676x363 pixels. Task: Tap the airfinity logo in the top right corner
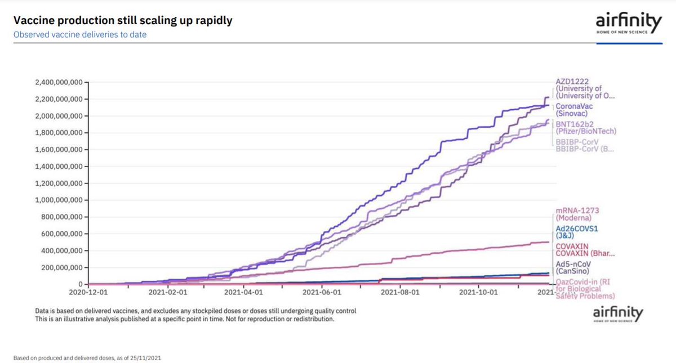(x=629, y=25)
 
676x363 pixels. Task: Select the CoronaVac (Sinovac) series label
(x=574, y=110)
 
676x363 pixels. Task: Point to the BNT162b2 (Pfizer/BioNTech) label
(x=585, y=128)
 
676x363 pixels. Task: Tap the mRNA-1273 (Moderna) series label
(x=577, y=214)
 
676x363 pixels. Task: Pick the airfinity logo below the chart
(x=619, y=314)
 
